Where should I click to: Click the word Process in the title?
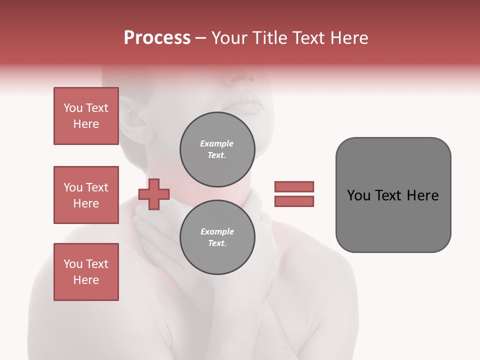[x=157, y=38]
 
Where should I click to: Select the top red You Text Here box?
[x=86, y=116]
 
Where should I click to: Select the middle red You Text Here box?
[x=86, y=195]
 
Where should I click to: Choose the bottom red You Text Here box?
[x=86, y=272]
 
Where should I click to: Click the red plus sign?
[x=154, y=194]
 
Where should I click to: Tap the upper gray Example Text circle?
[x=217, y=149]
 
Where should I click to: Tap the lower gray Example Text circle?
[x=217, y=237]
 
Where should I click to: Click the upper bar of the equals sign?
[x=294, y=186]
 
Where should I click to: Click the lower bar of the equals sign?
[x=294, y=201]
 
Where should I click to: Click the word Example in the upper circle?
[x=217, y=143]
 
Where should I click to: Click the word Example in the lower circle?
[x=217, y=231]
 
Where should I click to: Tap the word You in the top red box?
[x=72, y=108]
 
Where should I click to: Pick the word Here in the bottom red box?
[x=86, y=280]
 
